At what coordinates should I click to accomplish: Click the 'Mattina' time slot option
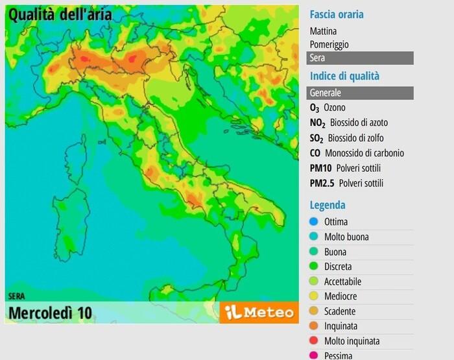tap(323, 30)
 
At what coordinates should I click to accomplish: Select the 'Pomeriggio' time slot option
tap(329, 44)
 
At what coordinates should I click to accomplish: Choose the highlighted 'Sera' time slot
tap(360, 58)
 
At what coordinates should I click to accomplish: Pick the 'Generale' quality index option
tap(360, 93)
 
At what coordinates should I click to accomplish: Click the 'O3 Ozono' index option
tap(328, 108)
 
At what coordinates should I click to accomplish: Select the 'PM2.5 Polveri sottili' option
tap(346, 183)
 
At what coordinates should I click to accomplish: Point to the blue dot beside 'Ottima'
tap(314, 222)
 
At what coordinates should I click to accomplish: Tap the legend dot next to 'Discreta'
tap(314, 267)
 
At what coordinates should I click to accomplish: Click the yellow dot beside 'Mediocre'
tap(314, 296)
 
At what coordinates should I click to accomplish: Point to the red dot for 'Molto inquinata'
tap(314, 341)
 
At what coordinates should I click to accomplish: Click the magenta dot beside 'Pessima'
tap(314, 355)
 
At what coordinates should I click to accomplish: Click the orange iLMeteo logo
tap(259, 313)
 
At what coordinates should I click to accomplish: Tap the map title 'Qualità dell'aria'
tap(60, 14)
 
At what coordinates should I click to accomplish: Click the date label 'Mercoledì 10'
tap(50, 313)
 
